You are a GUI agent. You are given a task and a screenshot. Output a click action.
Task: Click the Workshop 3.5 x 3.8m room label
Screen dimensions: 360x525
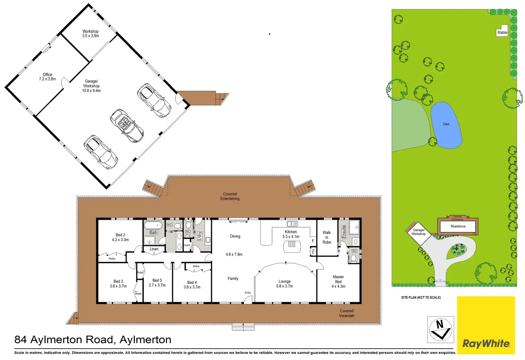point(90,34)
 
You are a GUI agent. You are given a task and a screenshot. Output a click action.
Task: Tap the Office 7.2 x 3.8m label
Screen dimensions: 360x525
point(47,77)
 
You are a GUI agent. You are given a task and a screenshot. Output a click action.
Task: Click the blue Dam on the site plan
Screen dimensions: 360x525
point(446,125)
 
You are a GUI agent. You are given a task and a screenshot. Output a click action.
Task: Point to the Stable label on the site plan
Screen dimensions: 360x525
point(502,32)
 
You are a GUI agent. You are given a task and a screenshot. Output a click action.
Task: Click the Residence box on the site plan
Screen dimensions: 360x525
point(458,226)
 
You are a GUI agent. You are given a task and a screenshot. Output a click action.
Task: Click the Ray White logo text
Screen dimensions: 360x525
point(486,344)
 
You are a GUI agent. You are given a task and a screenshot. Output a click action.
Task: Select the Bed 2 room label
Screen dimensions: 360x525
point(120,237)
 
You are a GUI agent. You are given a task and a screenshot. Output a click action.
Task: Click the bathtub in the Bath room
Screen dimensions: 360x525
point(153,225)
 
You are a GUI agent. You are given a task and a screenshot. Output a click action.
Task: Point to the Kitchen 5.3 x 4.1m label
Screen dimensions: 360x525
point(291,234)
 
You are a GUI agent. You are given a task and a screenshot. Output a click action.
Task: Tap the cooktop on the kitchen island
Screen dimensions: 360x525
point(292,244)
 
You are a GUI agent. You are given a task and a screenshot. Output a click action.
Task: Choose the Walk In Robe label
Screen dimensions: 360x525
point(327,237)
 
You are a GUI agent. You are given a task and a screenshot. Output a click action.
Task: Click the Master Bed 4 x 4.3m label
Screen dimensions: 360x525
point(338,282)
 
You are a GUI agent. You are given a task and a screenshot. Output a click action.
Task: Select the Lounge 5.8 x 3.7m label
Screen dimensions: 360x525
point(285,284)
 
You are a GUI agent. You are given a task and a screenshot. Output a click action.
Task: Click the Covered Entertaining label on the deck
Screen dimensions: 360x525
point(230,196)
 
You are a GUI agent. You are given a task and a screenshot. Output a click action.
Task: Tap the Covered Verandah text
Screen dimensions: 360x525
point(347,313)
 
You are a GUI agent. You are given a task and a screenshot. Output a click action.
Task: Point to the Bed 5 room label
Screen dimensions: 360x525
point(157,283)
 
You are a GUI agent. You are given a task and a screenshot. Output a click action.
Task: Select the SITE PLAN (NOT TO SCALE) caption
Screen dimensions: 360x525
point(421,298)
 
